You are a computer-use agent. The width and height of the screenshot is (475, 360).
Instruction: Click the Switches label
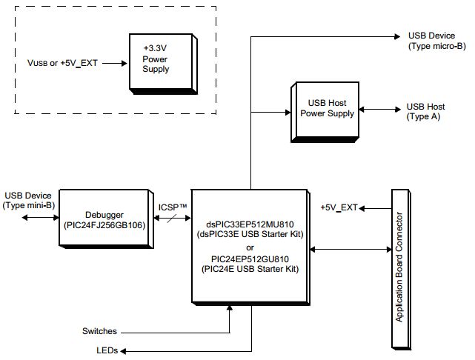coord(99,331)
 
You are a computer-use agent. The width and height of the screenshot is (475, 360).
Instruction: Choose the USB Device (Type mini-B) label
coord(28,200)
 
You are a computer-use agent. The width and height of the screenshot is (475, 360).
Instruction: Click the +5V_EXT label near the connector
coord(339,207)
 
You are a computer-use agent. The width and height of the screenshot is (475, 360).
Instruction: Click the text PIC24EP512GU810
coord(250,259)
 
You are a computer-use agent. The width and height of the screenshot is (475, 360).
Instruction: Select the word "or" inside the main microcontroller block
coord(250,247)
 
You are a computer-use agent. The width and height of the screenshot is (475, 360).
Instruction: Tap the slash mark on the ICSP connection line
coord(171,219)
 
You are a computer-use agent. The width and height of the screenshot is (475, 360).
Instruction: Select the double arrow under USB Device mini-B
coord(39,218)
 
